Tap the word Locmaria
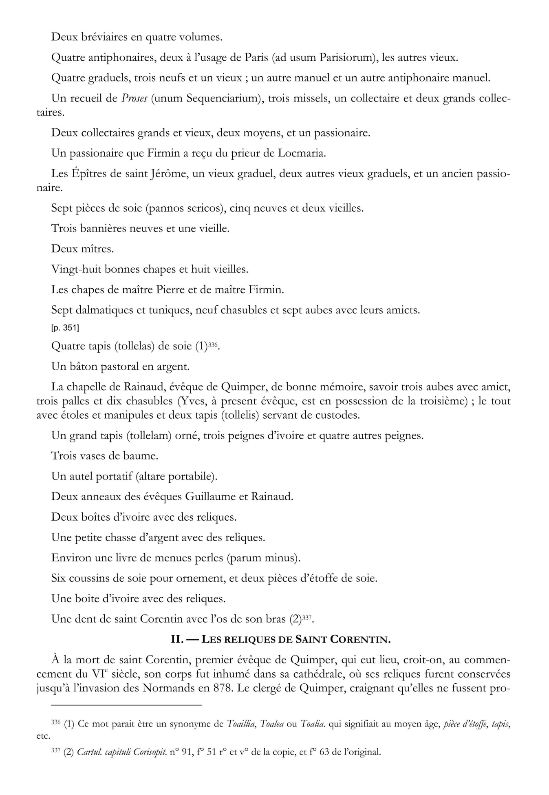coord(302,153)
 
